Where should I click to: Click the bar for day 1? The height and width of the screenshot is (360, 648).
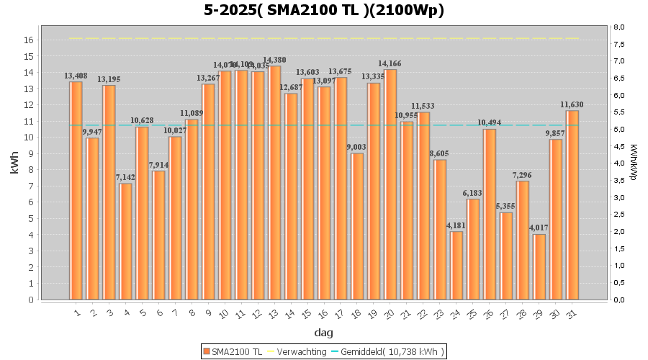76,191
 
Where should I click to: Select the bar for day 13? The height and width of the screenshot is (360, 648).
274,183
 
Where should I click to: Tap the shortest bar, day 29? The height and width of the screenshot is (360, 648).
539,266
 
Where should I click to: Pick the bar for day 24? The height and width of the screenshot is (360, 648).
456,265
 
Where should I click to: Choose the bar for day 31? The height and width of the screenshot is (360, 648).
572,205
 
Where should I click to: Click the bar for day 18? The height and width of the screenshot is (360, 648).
357,226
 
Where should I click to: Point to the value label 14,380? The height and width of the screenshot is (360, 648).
274,60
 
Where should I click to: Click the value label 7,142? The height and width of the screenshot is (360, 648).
125,177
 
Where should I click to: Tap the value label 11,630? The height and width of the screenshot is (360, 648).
572,104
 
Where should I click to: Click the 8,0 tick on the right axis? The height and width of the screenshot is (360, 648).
618,27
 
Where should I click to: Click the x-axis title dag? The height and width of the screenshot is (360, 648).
323,333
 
